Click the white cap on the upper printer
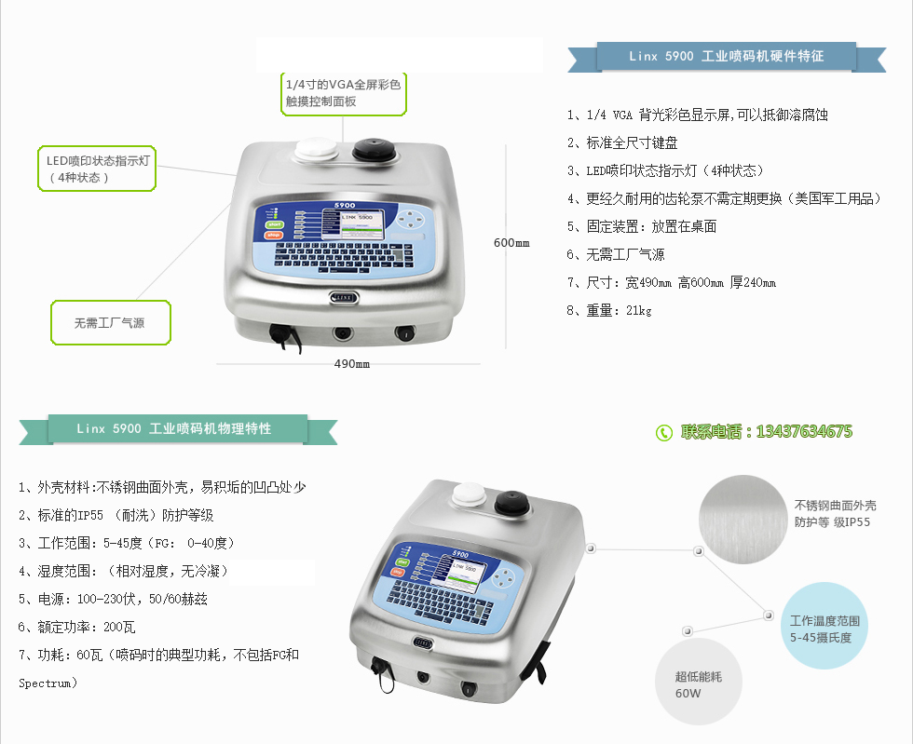click(x=316, y=150)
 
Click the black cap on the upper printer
click(x=375, y=150)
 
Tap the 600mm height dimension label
click(x=511, y=243)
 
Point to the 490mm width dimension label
click(x=352, y=364)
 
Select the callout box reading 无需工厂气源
click(x=111, y=322)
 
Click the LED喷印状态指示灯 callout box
click(x=97, y=169)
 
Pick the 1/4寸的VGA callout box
click(x=344, y=93)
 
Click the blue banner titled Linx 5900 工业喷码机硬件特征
click(x=727, y=57)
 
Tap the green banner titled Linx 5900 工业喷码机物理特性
click(x=178, y=429)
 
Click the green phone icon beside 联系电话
click(x=663, y=433)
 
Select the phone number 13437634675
click(x=804, y=431)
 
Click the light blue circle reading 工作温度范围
click(x=824, y=626)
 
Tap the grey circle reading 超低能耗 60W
click(x=699, y=682)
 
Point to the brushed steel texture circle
click(x=743, y=520)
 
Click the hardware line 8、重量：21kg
click(x=609, y=310)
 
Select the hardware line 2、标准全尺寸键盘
click(x=622, y=142)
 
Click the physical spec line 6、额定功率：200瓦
click(x=76, y=627)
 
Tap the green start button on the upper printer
click(x=274, y=224)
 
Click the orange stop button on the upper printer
click(x=274, y=236)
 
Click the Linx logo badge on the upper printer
click(x=344, y=297)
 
